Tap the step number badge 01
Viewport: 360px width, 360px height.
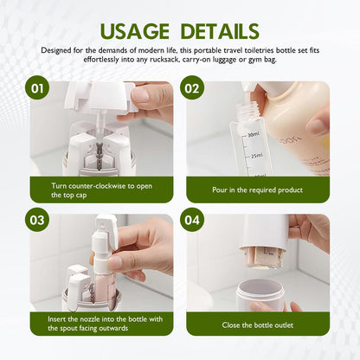(x=37, y=88)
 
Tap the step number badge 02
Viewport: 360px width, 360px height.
(x=193, y=88)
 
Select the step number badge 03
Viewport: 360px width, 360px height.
(x=37, y=221)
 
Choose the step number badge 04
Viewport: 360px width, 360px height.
(x=193, y=221)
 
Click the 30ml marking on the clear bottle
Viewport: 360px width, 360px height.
(x=252, y=134)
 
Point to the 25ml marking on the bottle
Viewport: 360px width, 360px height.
(x=254, y=156)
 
